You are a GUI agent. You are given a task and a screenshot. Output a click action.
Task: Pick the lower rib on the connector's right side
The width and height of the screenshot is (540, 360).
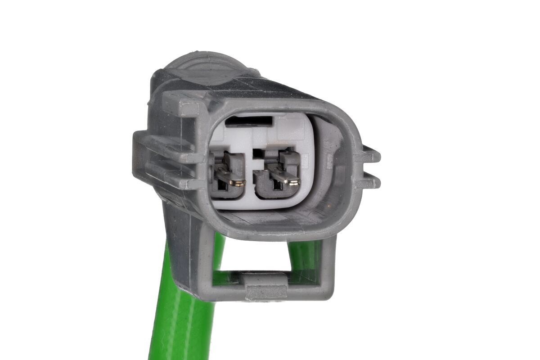[x=370, y=181]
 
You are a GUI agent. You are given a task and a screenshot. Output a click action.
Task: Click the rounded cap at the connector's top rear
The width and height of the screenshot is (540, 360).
[x=205, y=63]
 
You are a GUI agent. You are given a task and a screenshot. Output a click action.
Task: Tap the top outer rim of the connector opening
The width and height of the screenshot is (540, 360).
[x=270, y=104]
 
